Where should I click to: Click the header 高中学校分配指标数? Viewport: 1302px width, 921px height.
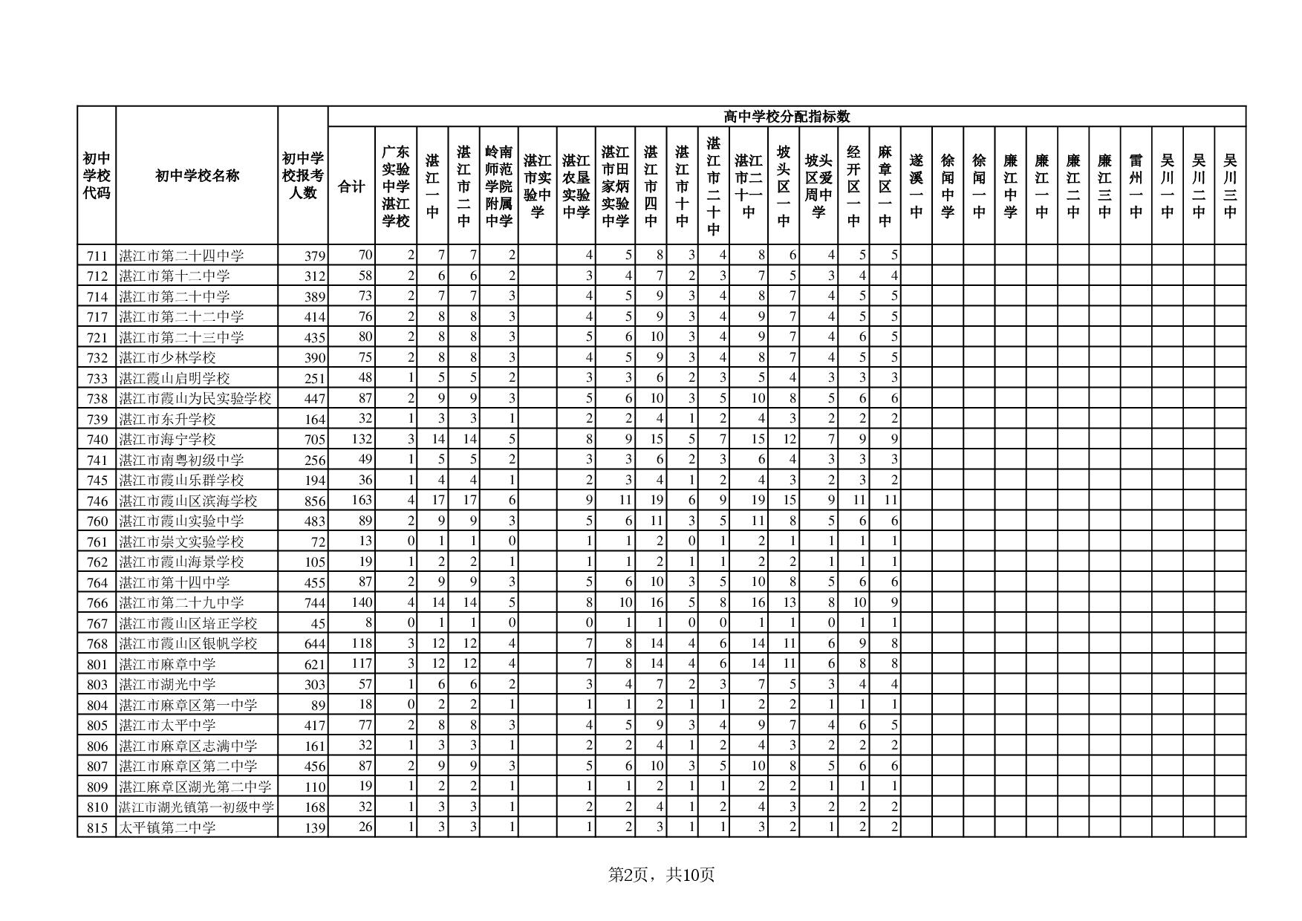point(787,117)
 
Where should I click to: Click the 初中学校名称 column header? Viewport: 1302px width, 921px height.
point(197,176)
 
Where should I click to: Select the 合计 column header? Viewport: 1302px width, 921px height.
point(351,186)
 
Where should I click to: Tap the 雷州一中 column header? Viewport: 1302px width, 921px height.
point(1136,186)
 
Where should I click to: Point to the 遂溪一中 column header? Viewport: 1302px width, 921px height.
point(916,186)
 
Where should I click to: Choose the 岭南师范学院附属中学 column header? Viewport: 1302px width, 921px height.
point(499,186)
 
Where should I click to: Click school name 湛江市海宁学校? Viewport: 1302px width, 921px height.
point(168,440)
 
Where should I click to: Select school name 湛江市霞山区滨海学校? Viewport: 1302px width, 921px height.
point(188,501)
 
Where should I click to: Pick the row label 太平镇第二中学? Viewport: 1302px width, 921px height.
point(168,827)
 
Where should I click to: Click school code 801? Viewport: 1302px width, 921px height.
point(97,665)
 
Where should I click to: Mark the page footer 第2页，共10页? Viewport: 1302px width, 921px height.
point(661,875)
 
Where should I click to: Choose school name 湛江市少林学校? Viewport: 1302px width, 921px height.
point(168,358)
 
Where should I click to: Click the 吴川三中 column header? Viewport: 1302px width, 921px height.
point(1230,186)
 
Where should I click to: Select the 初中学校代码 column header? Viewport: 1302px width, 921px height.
point(97,176)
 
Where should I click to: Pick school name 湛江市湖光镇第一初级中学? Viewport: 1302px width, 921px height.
point(196,807)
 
